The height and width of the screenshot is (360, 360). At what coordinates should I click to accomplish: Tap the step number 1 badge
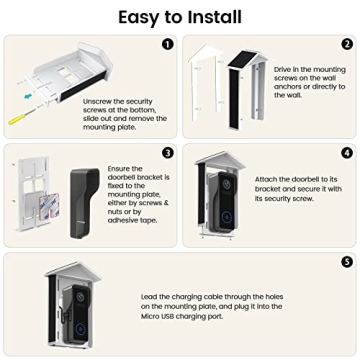[x=167, y=44]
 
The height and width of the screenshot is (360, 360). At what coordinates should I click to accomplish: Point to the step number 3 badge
[x=167, y=153]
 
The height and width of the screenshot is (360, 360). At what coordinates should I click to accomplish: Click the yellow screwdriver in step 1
[x=17, y=119]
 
